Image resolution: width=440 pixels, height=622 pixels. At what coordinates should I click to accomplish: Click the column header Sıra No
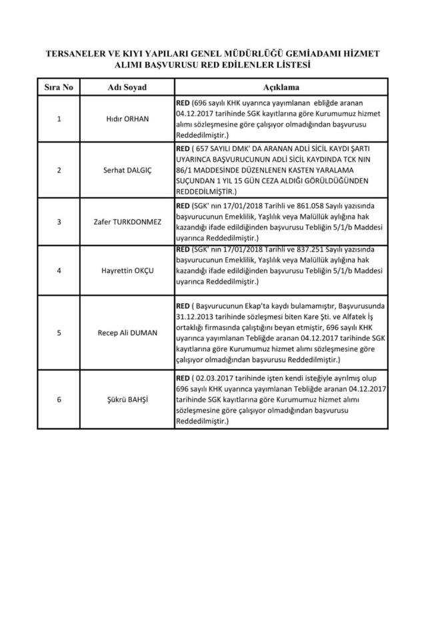(x=59, y=88)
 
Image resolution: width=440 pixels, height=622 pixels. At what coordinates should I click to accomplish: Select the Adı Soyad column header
(x=127, y=88)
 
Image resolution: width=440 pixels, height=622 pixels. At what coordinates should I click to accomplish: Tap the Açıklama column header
(x=280, y=88)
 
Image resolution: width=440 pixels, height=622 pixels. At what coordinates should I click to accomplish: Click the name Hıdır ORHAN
(x=127, y=119)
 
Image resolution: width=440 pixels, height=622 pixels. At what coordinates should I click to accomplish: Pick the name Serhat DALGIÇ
(x=127, y=170)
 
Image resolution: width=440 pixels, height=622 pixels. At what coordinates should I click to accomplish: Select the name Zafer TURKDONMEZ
(x=127, y=222)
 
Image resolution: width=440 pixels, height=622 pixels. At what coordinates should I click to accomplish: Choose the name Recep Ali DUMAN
(x=127, y=332)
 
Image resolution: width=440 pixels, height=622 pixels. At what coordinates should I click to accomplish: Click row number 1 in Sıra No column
(x=59, y=119)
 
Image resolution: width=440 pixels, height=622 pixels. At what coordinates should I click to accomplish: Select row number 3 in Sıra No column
(x=59, y=222)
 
